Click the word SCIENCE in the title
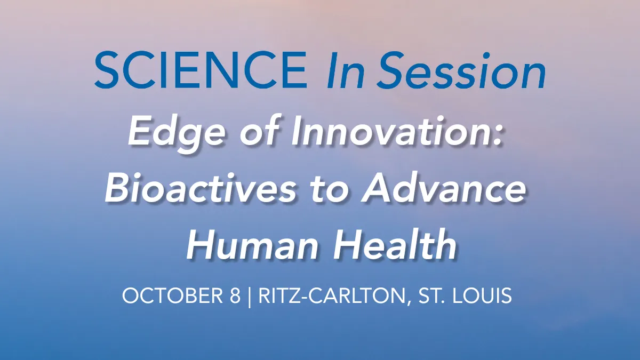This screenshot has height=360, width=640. (201, 71)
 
